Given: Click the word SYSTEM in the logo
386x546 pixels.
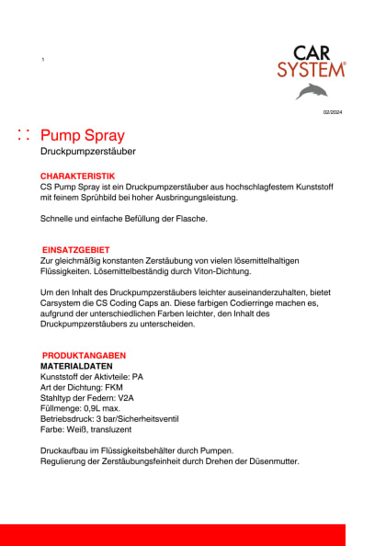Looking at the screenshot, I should (312, 69).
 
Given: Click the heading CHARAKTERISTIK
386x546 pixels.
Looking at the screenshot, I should (77, 175).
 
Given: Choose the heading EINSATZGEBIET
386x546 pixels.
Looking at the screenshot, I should (76, 249).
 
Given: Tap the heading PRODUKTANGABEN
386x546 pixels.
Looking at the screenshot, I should (84, 355).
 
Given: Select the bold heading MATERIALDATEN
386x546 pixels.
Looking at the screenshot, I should (77, 366).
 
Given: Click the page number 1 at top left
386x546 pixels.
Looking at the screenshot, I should (43, 60).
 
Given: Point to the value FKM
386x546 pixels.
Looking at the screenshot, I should (119, 387).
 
